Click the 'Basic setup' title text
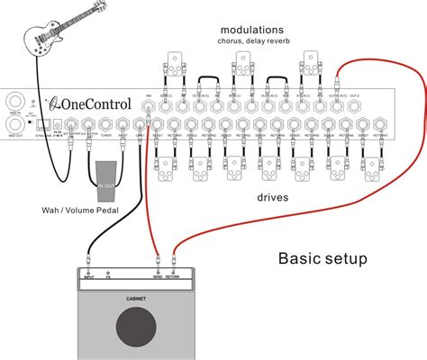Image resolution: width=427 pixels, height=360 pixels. point(323,258)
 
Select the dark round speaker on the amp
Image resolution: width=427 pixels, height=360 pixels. point(135,325)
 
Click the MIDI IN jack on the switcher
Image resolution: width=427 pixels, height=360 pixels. point(15,101)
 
